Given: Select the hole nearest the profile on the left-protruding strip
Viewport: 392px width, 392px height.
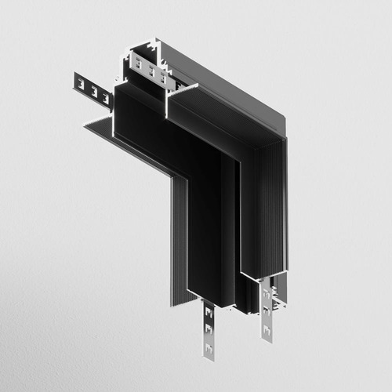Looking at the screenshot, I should coord(103,96).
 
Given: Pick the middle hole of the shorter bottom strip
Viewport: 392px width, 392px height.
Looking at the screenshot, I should coord(267,307).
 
